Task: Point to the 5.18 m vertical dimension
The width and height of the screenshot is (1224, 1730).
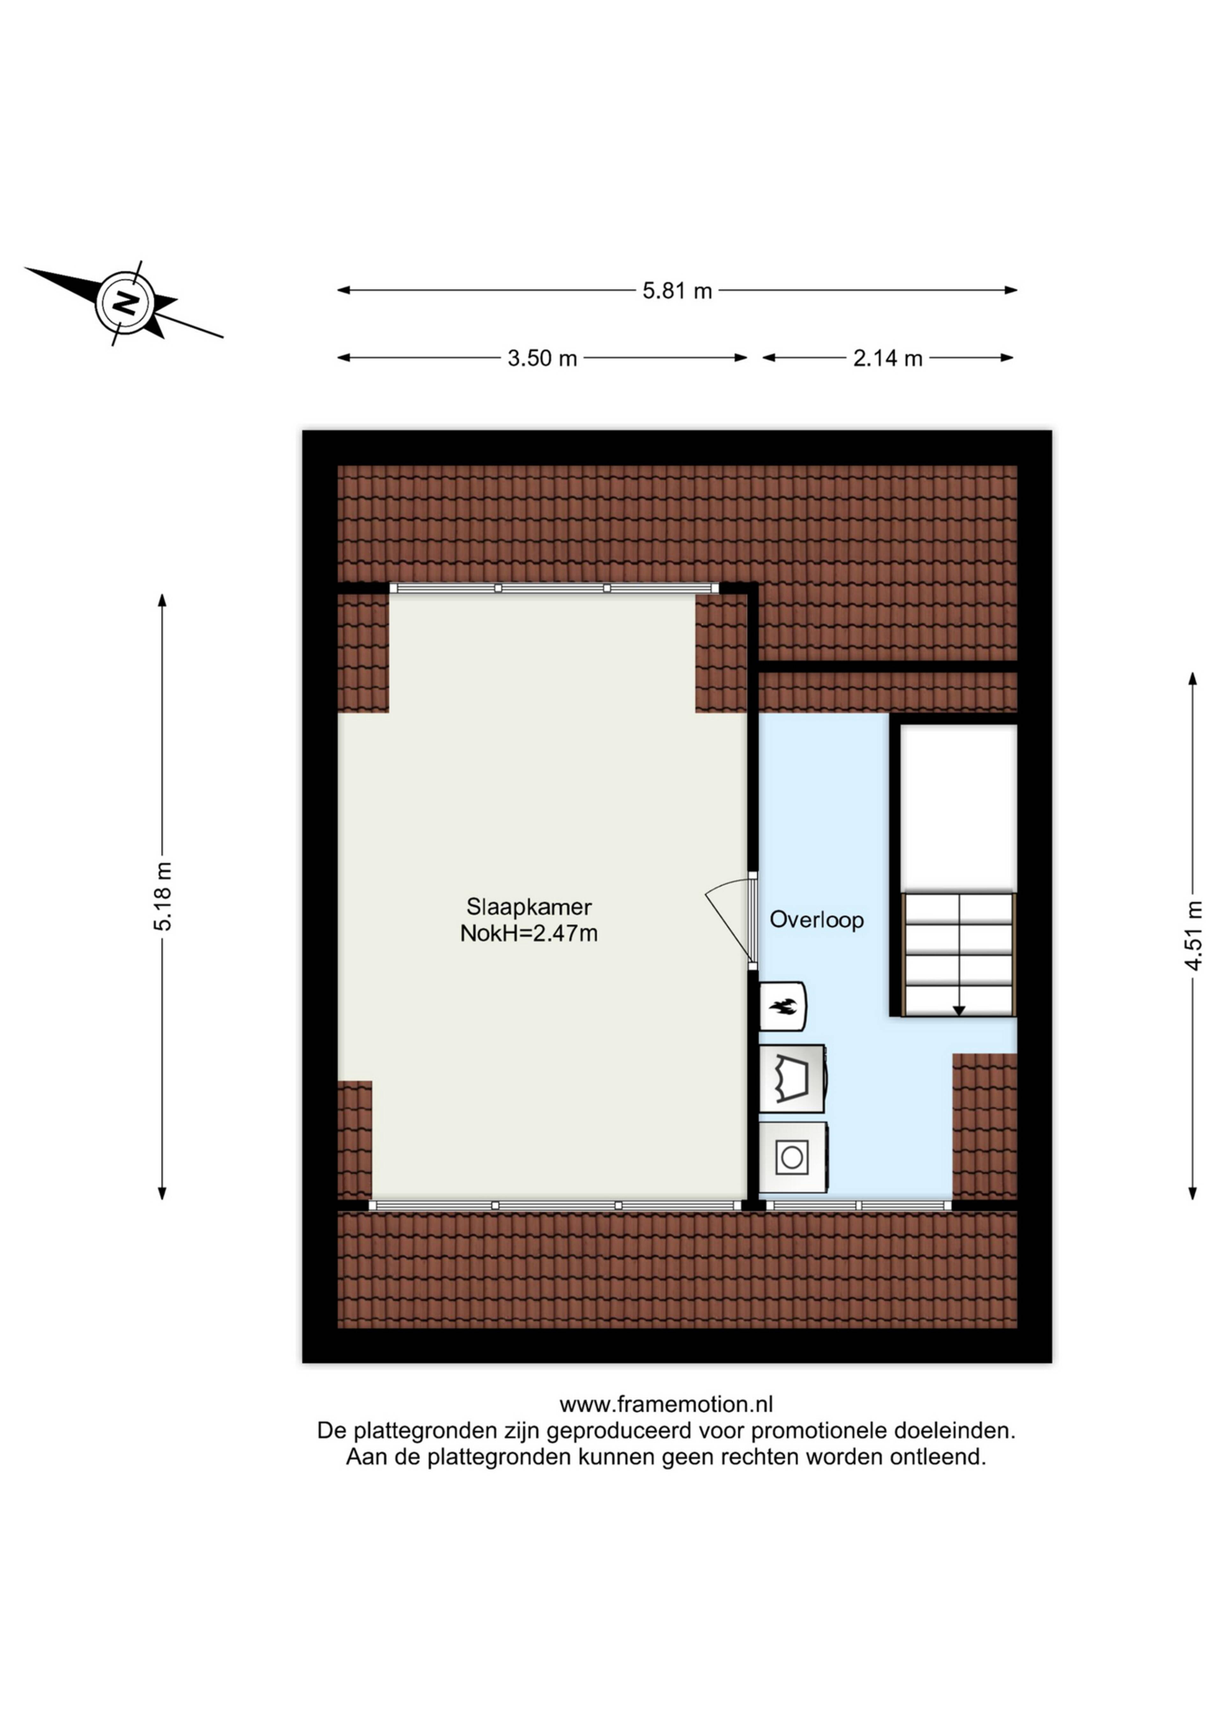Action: [x=162, y=897]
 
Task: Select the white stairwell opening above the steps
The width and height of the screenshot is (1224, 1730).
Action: [x=959, y=808]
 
